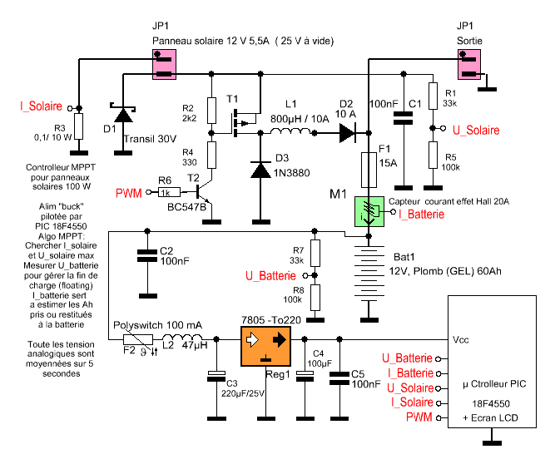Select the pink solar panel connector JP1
coord(163,65)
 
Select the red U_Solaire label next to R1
coord(475,131)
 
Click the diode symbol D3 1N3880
coord(260,169)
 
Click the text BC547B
coord(186,207)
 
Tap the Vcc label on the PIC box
coord(462,339)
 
